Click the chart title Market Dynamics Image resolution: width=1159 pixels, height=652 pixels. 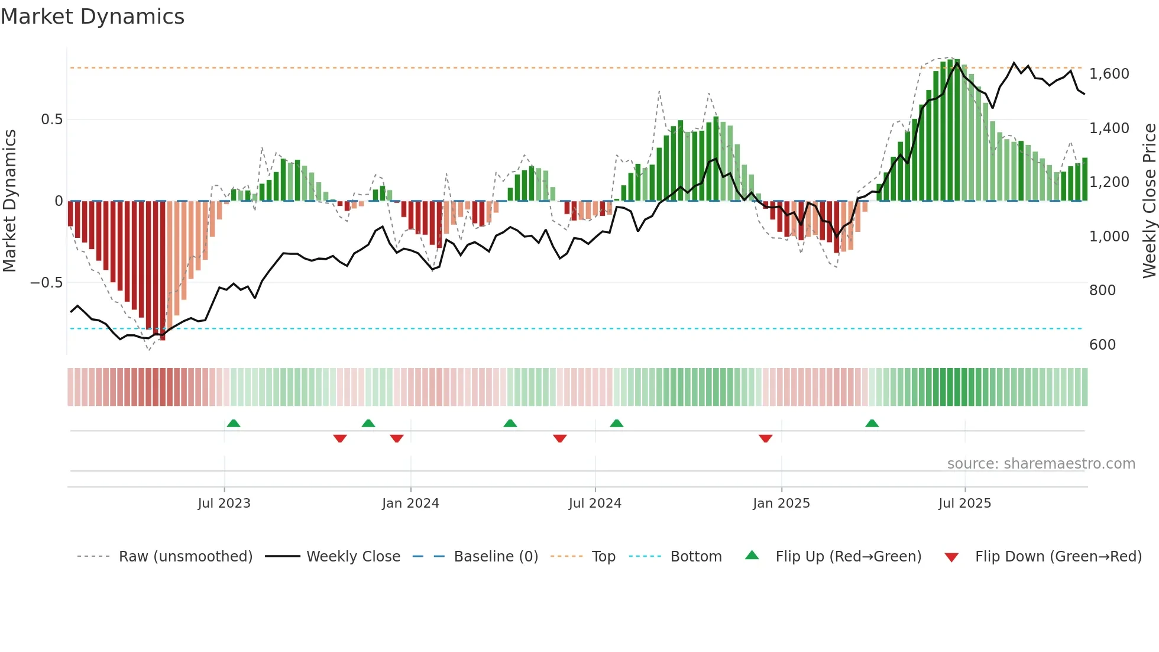click(93, 17)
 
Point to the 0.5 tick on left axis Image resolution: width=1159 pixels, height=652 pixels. click(51, 120)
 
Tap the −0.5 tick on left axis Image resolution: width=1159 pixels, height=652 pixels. click(47, 283)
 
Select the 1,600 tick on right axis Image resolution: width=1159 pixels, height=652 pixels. click(1109, 74)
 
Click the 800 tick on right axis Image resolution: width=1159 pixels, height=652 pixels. click(1102, 291)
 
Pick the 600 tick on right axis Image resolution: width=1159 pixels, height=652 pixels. click(1102, 345)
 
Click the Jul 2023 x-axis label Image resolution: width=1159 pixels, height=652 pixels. click(224, 503)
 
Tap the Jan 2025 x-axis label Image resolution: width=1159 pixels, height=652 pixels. click(781, 503)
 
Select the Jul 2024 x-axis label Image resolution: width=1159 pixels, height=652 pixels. click(595, 503)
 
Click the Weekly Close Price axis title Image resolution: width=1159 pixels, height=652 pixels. click(1149, 201)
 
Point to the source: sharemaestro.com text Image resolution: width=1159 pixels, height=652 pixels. click(1041, 464)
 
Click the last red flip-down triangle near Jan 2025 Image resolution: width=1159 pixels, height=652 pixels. click(765, 438)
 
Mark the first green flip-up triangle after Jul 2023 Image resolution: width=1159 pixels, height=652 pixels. click(234, 423)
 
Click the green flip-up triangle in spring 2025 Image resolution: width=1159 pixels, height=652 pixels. click(872, 423)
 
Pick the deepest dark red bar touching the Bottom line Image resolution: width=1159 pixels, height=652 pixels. click(162, 272)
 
